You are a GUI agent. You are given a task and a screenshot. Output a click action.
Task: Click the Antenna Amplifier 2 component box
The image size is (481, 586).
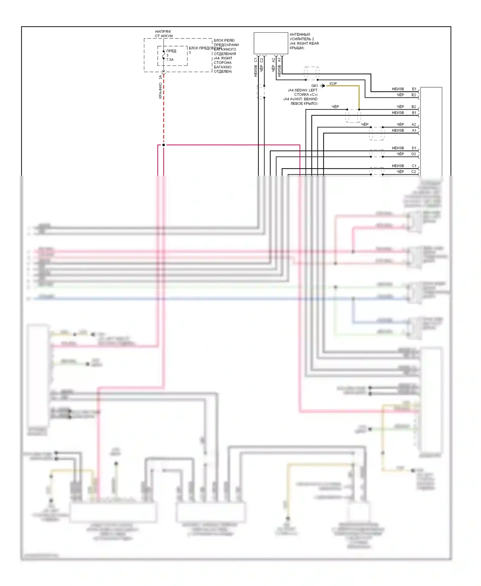click(271, 43)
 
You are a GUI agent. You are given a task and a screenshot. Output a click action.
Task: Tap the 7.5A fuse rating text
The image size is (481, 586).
click(170, 60)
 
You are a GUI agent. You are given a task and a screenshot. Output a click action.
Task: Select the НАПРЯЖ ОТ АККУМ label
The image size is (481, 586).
click(164, 34)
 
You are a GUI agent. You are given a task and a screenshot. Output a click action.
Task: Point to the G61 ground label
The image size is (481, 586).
click(314, 86)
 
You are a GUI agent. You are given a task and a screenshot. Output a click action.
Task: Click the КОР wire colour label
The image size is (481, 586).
click(333, 84)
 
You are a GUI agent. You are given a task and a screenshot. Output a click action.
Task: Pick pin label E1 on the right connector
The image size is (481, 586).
click(414, 89)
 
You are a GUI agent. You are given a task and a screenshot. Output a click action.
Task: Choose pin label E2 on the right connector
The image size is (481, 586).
click(414, 95)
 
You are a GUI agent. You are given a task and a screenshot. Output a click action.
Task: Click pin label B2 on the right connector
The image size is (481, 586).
click(414, 107)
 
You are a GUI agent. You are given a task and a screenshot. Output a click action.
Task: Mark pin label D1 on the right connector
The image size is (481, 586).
click(414, 148)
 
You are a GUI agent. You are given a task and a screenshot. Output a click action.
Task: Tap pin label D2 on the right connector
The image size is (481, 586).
click(414, 154)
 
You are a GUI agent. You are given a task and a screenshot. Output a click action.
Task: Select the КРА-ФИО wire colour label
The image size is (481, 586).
click(160, 91)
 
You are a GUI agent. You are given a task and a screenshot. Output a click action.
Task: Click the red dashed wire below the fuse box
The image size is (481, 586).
click(164, 112)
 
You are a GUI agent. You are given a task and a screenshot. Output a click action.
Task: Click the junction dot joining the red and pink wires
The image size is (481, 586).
click(164, 145)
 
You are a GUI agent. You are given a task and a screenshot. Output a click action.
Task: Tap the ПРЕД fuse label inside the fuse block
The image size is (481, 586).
click(171, 51)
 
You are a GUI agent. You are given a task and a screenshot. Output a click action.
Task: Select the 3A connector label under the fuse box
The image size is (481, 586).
click(160, 77)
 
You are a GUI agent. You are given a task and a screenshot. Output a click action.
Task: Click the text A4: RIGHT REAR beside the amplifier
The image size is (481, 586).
click(304, 44)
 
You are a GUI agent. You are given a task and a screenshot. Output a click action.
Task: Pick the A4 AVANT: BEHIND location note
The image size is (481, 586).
click(300, 99)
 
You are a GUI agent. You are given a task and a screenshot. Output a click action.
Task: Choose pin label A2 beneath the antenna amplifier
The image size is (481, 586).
click(274, 60)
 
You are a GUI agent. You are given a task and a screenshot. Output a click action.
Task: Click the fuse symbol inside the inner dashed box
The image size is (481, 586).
click(164, 55)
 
